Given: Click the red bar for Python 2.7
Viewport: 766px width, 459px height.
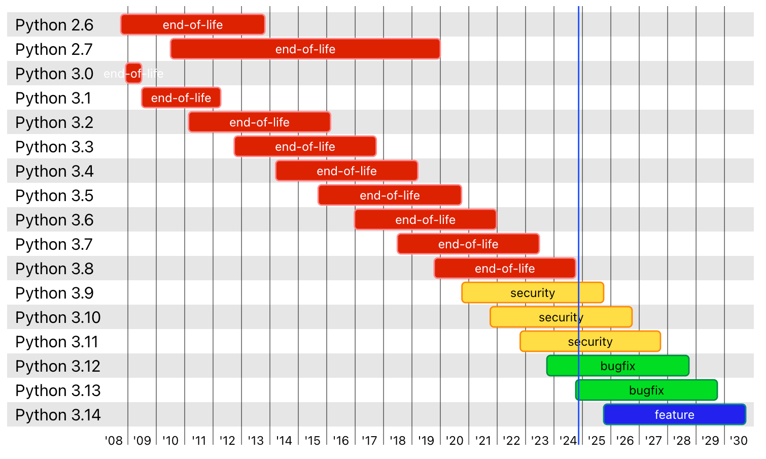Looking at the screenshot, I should tap(305, 49).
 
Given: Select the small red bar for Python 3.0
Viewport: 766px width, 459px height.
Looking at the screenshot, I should tap(134, 74).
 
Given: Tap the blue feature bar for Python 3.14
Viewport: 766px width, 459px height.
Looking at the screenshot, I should tap(674, 415).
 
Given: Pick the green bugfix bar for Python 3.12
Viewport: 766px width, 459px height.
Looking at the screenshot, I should tap(617, 366).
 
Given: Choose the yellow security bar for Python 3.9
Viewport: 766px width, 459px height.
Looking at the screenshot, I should tap(533, 293).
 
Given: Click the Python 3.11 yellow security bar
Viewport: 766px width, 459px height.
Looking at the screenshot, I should tap(590, 342).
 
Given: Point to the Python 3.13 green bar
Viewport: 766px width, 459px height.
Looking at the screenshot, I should tap(646, 390).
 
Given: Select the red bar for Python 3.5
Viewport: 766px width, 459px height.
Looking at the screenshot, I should tap(390, 195).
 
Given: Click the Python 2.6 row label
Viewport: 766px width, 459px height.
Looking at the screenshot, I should tap(54, 25).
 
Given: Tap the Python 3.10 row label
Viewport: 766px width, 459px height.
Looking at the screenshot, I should tap(58, 317).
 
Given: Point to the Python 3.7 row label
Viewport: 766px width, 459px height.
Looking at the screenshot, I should tap(54, 244).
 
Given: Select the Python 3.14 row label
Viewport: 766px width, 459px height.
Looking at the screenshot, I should tap(58, 415).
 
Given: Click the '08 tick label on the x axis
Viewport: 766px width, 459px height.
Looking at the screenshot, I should tap(114, 441).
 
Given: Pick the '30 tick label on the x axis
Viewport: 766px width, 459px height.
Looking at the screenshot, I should tap(739, 441).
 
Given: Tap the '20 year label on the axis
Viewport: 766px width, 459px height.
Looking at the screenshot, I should tap(455, 441).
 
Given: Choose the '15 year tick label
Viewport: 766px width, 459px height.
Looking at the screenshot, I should tap(312, 441).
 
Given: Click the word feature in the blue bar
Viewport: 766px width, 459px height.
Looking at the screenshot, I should tap(674, 415).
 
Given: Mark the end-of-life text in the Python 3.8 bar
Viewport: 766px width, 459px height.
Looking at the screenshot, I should tap(505, 269).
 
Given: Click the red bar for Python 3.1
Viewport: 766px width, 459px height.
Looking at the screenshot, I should tap(181, 98).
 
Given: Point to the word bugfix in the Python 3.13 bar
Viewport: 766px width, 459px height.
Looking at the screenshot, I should tap(646, 390).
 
